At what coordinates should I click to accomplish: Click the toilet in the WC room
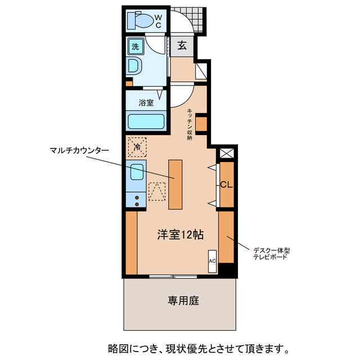(141, 21)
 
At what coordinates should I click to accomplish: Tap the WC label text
(158, 21)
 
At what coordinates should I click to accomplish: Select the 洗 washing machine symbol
(136, 47)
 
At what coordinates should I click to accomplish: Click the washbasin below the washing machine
(136, 67)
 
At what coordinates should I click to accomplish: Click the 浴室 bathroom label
(146, 103)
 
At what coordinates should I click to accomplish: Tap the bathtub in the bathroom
(146, 121)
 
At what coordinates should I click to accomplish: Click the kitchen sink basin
(137, 172)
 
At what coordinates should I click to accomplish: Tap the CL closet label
(226, 184)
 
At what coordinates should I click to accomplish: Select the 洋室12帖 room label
(179, 235)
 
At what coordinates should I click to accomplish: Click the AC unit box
(213, 261)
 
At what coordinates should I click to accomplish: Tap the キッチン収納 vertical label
(190, 124)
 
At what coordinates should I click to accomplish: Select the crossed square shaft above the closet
(226, 153)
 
